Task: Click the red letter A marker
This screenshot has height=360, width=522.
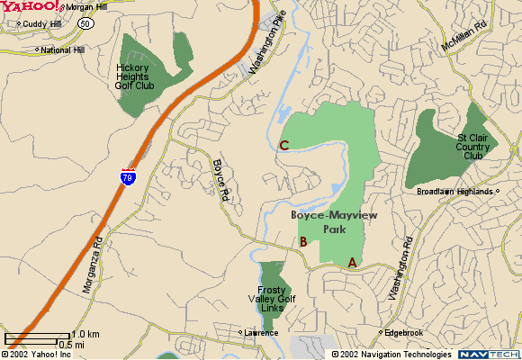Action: (x=352, y=262)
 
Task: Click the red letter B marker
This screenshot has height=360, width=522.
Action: (x=304, y=241)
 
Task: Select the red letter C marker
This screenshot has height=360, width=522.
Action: (x=283, y=145)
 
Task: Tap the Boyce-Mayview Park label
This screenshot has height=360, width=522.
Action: (x=328, y=222)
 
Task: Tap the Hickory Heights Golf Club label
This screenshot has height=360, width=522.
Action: (x=148, y=75)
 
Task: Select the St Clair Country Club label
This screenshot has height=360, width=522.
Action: (x=473, y=146)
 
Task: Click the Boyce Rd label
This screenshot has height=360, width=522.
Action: (x=222, y=179)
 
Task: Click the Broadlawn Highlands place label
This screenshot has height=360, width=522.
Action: (x=454, y=192)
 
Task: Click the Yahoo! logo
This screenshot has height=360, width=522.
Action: (x=31, y=7)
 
